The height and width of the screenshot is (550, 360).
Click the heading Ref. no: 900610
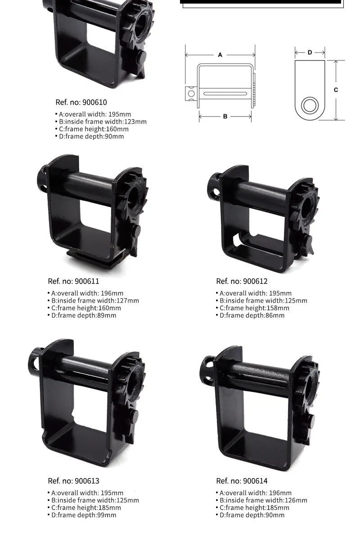tap(81, 102)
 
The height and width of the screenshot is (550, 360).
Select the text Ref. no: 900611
tap(73, 281)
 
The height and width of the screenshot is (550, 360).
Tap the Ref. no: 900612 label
tap(242, 281)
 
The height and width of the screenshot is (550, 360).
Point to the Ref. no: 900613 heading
tap(73, 481)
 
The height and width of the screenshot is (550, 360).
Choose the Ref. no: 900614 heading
tap(242, 481)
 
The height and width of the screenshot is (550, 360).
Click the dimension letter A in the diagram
tap(220, 55)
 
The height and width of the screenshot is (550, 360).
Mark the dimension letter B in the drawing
tap(225, 116)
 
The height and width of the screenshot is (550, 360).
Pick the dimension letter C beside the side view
tap(336, 90)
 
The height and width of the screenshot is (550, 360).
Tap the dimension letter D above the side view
tap(310, 52)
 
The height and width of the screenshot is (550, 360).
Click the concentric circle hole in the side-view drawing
tap(310, 105)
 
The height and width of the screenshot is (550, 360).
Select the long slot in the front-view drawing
tap(225, 94)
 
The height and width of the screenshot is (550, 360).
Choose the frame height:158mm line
tap(252, 308)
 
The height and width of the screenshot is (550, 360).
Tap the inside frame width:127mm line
tap(93, 300)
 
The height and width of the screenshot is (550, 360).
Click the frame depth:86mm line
tap(250, 315)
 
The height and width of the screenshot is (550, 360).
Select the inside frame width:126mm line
tap(261, 501)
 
